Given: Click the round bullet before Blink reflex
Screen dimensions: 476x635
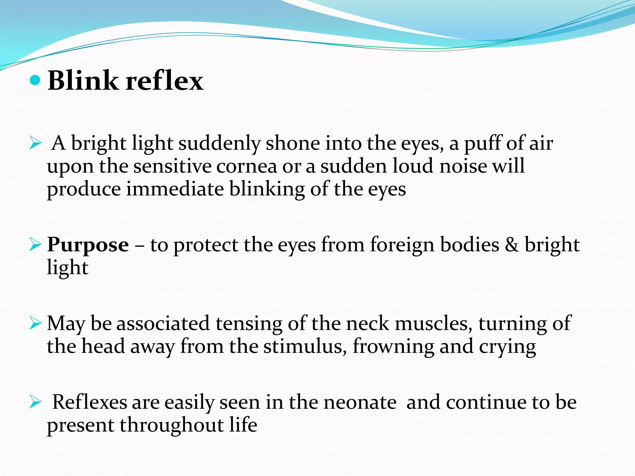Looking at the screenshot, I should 35,81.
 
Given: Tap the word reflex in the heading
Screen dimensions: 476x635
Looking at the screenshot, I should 164,81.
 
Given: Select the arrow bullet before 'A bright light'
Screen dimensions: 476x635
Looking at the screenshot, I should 35,143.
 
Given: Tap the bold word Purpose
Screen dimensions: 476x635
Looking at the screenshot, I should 88,245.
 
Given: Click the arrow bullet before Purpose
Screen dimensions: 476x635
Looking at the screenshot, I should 35,245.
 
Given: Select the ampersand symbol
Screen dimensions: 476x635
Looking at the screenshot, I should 512,245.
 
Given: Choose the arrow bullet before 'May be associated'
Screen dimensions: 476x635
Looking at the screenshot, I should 35,324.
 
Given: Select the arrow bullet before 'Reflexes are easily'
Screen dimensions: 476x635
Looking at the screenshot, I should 35,403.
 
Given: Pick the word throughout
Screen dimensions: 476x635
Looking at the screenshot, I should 171,425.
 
